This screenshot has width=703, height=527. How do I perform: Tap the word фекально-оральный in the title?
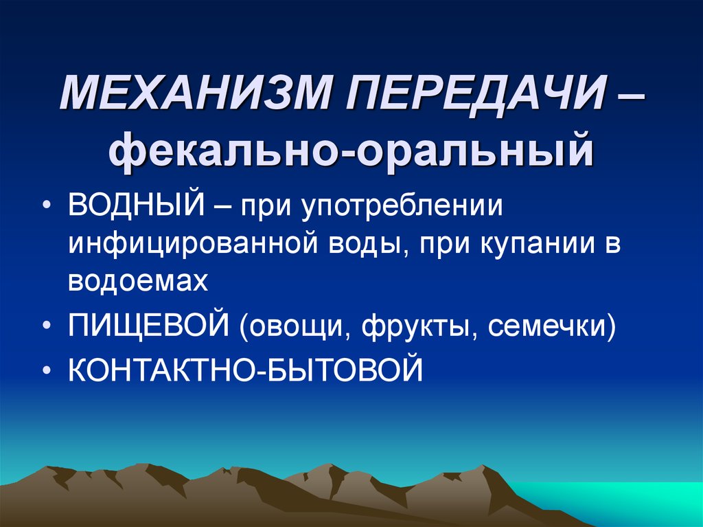tap(351, 151)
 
